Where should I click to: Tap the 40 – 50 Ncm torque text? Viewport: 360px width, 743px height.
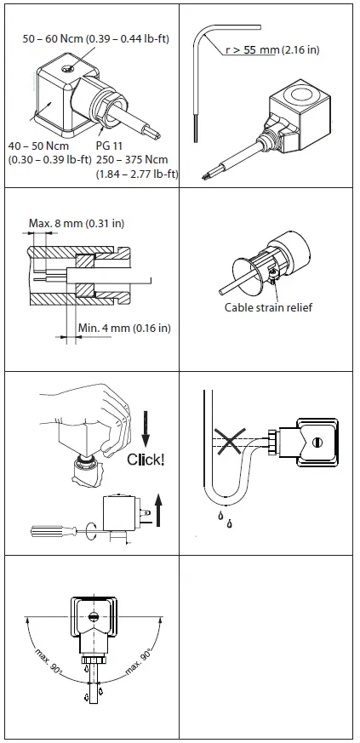pos(35,146)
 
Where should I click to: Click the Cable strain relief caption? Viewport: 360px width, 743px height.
pos(268,307)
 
